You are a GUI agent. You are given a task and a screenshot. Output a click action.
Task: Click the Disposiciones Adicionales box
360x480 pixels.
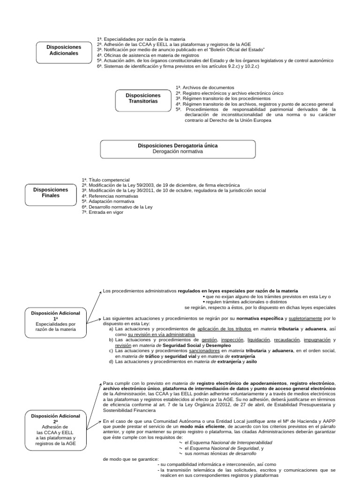tap(63, 51)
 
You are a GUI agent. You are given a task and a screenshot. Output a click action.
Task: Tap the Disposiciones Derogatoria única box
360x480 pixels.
tap(178, 149)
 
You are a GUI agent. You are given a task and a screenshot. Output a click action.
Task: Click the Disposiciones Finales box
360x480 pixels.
tap(51, 193)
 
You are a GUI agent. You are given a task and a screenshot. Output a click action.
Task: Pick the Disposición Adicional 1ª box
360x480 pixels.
tap(56, 321)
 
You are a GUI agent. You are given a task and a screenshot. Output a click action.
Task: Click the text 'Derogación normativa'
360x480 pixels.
tap(178, 152)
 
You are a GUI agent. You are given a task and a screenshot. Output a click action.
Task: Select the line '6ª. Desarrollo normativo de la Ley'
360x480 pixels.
tap(117, 207)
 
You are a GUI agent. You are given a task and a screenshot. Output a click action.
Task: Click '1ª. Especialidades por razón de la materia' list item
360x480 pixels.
tap(141, 39)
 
